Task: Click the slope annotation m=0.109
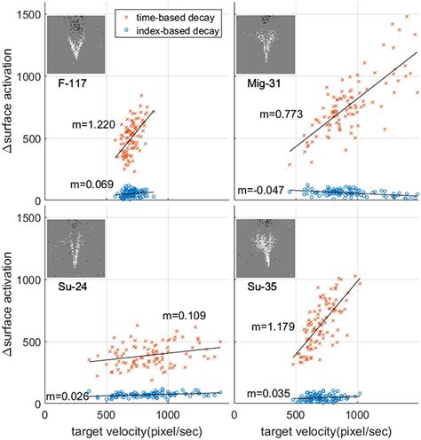tap(183, 315)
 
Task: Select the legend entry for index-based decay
tap(177, 31)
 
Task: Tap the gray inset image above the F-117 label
tap(75, 44)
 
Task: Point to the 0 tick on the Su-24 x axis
tap(45, 412)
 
